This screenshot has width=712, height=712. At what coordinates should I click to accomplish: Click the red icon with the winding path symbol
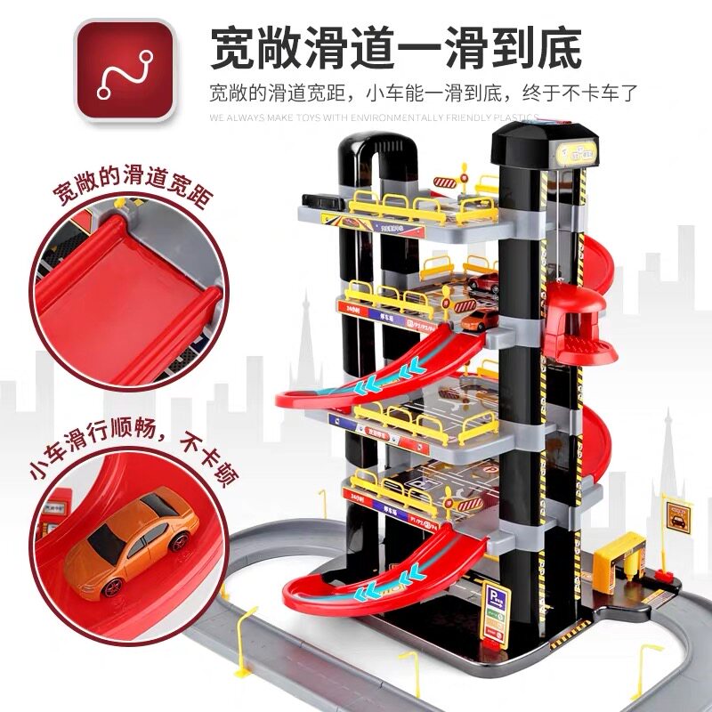click(x=125, y=70)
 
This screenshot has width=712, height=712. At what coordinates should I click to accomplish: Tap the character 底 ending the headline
click(x=556, y=46)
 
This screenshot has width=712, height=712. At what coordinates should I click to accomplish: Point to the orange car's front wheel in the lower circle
click(x=110, y=586)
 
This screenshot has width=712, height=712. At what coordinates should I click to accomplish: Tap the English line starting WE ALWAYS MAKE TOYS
click(x=374, y=117)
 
